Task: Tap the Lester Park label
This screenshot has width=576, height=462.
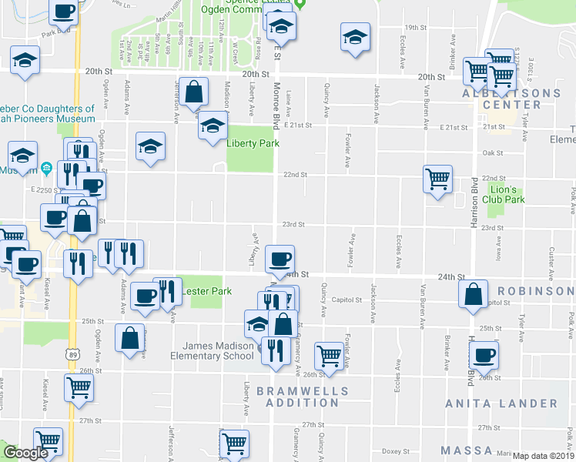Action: [206, 291]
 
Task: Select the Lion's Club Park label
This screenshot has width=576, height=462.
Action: [509, 193]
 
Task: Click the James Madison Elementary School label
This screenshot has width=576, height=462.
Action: [218, 350]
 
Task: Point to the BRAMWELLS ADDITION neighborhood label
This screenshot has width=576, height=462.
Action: [302, 397]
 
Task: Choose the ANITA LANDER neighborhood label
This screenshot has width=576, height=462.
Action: [501, 403]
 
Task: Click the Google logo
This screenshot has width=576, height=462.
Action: [25, 453]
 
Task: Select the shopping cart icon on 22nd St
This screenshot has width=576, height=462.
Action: [437, 179]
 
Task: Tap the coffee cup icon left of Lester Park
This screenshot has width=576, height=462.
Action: [144, 295]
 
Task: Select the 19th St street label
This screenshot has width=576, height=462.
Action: [416, 28]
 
